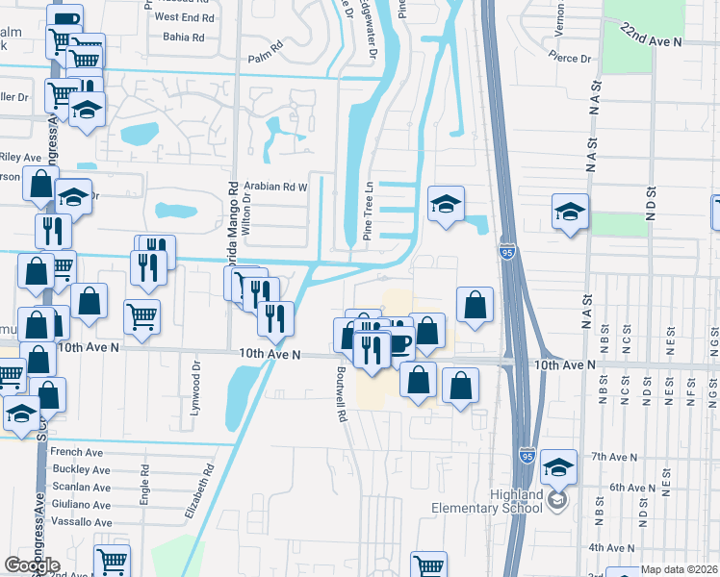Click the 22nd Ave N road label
[x=650, y=36]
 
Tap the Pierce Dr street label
[x=570, y=59]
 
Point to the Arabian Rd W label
[x=274, y=187]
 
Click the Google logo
[x=32, y=565]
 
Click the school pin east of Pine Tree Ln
[x=446, y=205]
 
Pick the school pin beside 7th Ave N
[x=558, y=466]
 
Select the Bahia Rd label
[x=184, y=38]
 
